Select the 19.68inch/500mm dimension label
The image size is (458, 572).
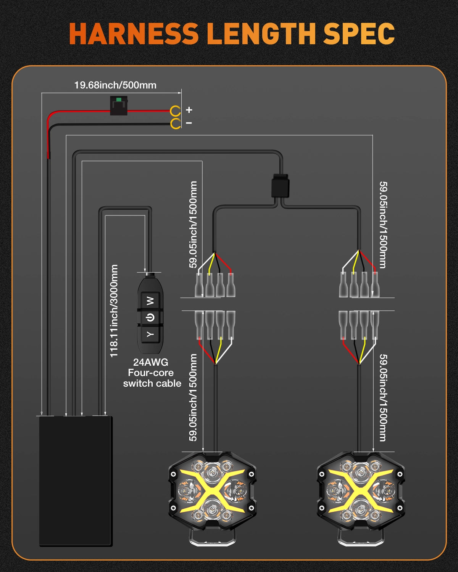point(115,85)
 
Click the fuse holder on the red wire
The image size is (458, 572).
point(119,106)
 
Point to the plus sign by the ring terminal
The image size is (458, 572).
point(189,110)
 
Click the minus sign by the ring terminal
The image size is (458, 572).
point(189,123)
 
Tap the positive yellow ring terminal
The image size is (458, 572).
point(176,111)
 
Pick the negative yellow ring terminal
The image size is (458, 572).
point(176,124)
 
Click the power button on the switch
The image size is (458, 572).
point(150,317)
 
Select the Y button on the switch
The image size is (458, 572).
point(150,334)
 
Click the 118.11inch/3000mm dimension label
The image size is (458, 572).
point(114,311)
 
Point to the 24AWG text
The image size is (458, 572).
point(151,362)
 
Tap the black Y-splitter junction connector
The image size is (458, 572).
point(280,186)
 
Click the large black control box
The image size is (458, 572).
point(76,480)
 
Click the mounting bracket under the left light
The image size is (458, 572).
point(213,538)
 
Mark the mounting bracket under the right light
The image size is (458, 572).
point(360,538)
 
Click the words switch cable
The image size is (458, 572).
point(152,384)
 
